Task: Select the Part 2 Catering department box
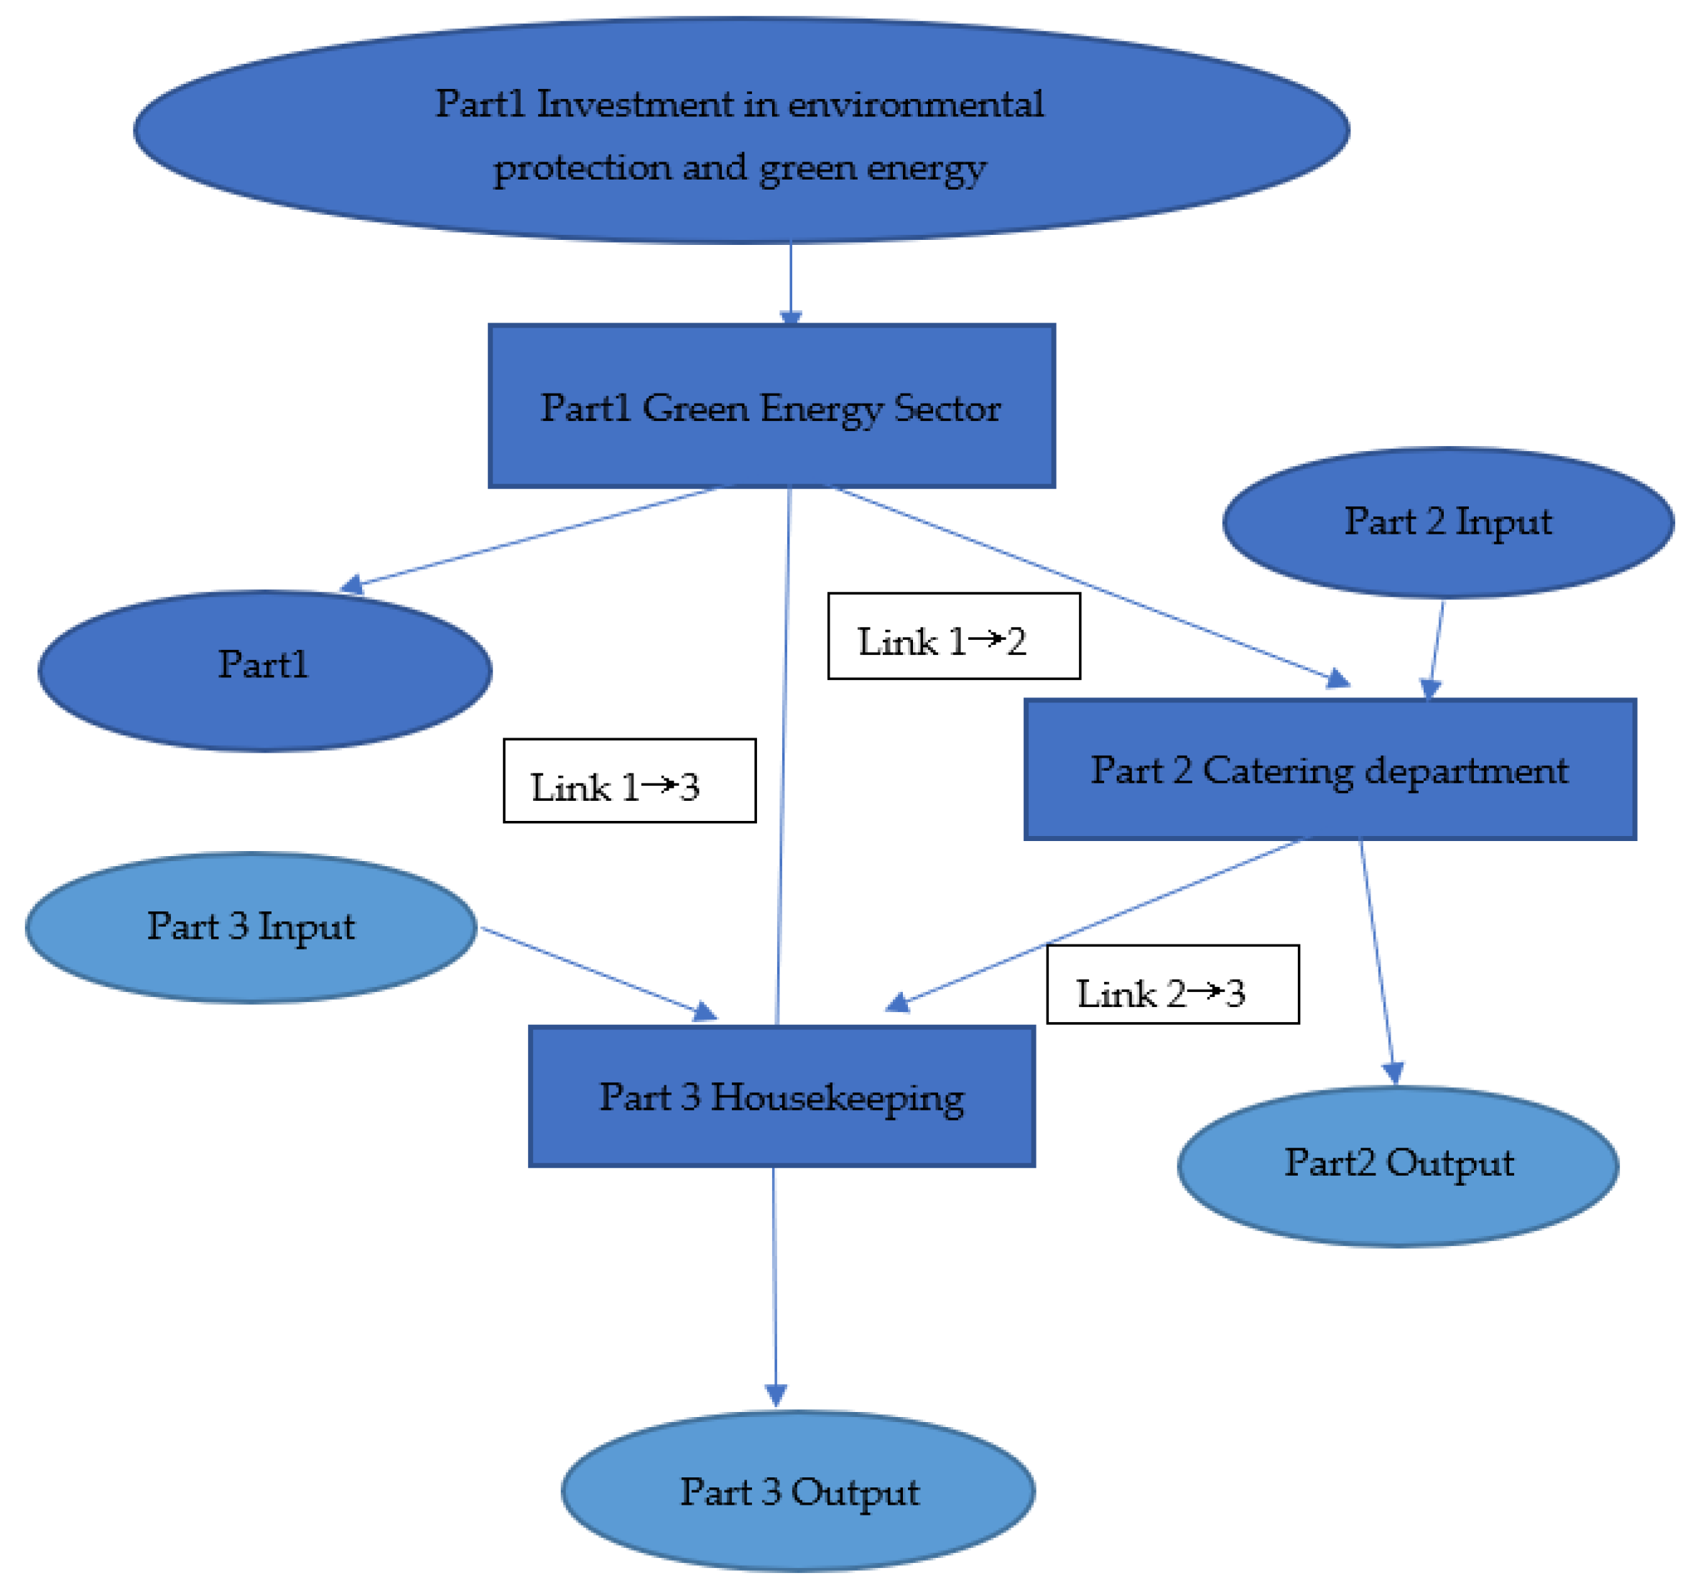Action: [1330, 770]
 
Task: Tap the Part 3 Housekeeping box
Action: [781, 1097]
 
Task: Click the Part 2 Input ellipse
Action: [1448, 522]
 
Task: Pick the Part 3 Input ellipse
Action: [251, 927]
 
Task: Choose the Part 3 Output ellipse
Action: [798, 1491]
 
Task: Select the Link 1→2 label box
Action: [954, 636]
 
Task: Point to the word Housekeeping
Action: [837, 1097]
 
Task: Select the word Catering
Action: [1276, 770]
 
